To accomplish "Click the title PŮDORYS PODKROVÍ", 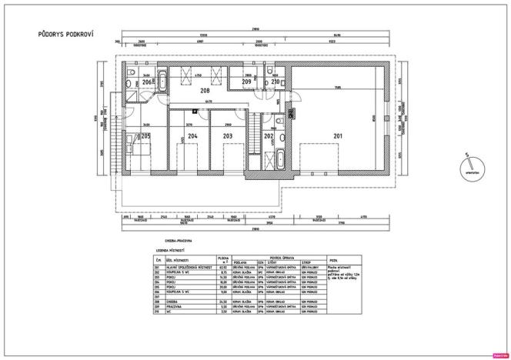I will (x=66, y=35).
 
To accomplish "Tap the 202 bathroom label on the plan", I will (x=269, y=136).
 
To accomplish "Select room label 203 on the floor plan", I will (x=227, y=136).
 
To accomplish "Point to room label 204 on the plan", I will (x=192, y=136).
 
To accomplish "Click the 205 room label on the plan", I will (x=145, y=136).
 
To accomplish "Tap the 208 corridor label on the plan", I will (x=205, y=91).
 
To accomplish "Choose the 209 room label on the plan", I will (x=246, y=81).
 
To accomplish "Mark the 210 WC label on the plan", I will (x=276, y=81).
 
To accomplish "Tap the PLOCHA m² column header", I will (x=223, y=259).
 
